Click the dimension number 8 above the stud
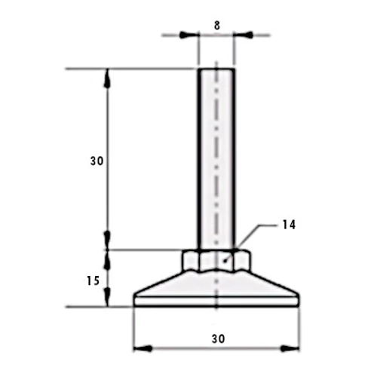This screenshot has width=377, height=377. click(x=217, y=26)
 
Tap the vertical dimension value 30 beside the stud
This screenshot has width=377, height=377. click(x=97, y=161)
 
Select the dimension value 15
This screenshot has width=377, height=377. click(x=93, y=280)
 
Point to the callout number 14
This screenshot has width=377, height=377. click(x=289, y=225)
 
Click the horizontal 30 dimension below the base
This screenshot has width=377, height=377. click(x=218, y=339)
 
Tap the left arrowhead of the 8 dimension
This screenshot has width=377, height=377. click(x=188, y=35)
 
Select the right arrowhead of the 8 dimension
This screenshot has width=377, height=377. click(x=244, y=35)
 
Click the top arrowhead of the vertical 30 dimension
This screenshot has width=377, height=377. click(x=108, y=78)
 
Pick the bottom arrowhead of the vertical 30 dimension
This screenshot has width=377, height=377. click(x=108, y=241)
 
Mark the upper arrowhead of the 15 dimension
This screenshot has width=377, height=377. click(x=108, y=259)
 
